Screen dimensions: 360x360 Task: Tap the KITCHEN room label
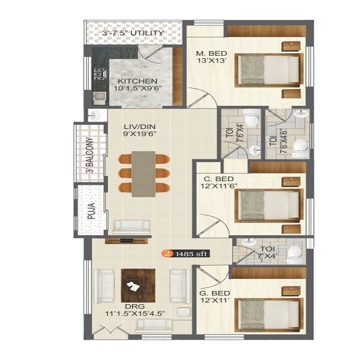[137, 81]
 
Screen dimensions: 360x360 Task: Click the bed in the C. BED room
[268, 205]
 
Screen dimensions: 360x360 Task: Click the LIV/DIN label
[122, 127]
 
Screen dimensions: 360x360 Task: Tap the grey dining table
[143, 173]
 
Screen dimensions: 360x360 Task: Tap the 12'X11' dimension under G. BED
[214, 304]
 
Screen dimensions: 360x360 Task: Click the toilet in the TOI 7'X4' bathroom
[295, 254]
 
